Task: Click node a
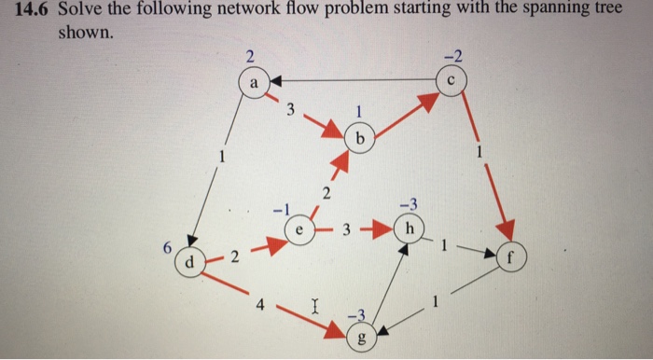point(252,81)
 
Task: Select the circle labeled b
point(358,139)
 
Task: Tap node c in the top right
point(450,80)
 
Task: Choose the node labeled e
point(299,228)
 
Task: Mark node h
point(407,228)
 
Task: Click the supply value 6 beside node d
point(167,249)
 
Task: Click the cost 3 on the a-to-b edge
point(290,111)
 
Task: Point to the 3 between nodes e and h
point(345,228)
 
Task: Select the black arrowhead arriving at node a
point(277,82)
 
